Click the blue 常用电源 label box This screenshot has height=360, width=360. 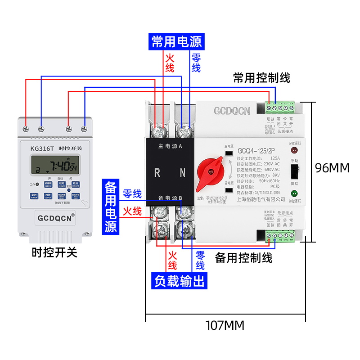pyautogui.click(x=176, y=42)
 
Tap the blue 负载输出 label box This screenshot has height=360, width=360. pyautogui.click(x=180, y=281)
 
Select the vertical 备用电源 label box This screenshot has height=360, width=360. pyautogui.click(x=111, y=207)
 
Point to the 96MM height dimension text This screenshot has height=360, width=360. pyautogui.click(x=332, y=168)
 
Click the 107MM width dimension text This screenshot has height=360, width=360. pyautogui.click(x=225, y=324)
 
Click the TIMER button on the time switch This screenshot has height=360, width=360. pyautogui.click(x=34, y=196)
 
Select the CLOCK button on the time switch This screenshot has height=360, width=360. pyautogui.click(x=48, y=196)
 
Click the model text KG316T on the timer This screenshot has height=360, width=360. pyautogui.click(x=42, y=148)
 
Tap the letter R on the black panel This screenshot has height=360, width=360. pyautogui.click(x=157, y=172)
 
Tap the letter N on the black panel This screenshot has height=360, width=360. pyautogui.click(x=183, y=172)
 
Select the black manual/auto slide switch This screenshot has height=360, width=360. pyautogui.click(x=294, y=172)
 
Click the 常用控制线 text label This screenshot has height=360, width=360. pyautogui.click(x=261, y=78)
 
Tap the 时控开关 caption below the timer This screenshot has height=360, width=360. pyautogui.click(x=54, y=252)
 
